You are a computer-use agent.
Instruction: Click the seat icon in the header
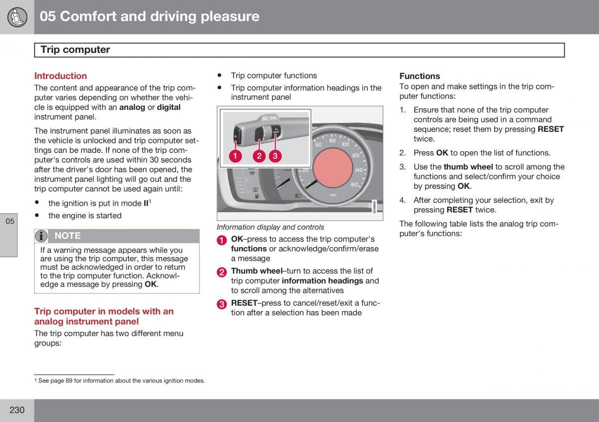tap(17, 17)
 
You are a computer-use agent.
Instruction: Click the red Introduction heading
tap(60, 76)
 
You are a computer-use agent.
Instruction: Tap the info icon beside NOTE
tap(41, 236)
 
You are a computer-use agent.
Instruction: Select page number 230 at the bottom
tap(17, 410)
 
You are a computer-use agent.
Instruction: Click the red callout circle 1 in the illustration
tap(235, 156)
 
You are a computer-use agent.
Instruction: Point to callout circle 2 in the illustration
tap(259, 156)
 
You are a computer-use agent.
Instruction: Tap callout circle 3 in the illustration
tap(275, 156)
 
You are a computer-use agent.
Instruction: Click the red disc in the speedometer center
tap(332, 168)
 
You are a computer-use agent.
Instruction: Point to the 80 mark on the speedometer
tap(332, 141)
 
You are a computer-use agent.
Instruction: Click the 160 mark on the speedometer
tap(354, 185)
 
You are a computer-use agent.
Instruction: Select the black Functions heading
tap(420, 76)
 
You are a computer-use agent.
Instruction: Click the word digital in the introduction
tap(169, 107)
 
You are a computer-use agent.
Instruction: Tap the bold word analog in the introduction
tap(132, 107)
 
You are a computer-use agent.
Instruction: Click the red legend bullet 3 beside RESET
tap(222, 304)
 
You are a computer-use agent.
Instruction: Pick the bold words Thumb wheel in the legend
tap(257, 271)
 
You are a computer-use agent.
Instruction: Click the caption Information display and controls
tap(271, 227)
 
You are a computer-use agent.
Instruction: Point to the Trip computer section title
tap(75, 50)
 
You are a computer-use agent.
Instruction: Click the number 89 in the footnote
tap(69, 381)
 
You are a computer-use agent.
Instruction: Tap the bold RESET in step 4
tap(459, 210)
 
